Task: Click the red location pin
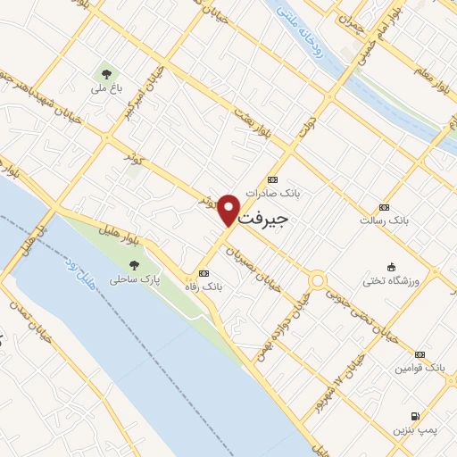click(229, 209)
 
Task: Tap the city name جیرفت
click(265, 217)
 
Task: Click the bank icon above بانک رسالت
click(384, 206)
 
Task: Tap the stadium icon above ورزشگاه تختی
click(391, 267)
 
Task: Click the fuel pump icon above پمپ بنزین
click(415, 416)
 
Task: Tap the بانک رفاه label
click(203, 287)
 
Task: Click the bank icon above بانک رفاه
click(204, 273)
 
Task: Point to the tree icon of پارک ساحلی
click(134, 265)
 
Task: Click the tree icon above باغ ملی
click(105, 75)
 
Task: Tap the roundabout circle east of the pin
click(317, 281)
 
